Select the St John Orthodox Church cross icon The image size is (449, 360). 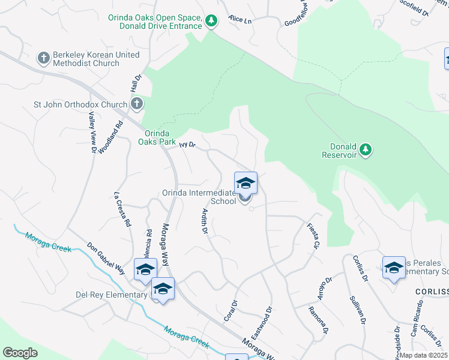coord(137,104)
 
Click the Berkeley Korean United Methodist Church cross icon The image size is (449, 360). coord(43,59)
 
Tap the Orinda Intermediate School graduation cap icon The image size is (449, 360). coord(246,183)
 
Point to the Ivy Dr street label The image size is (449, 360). coord(188,145)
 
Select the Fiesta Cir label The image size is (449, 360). coord(313,236)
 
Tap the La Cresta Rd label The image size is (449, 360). coord(122,209)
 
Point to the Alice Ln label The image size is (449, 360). coord(240,20)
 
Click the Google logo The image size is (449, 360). coord(20,353)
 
